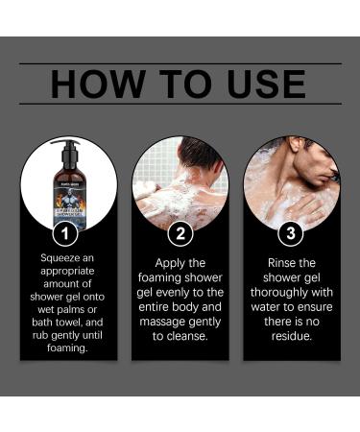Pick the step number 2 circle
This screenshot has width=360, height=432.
[180, 233]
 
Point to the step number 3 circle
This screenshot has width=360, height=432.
[291, 233]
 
